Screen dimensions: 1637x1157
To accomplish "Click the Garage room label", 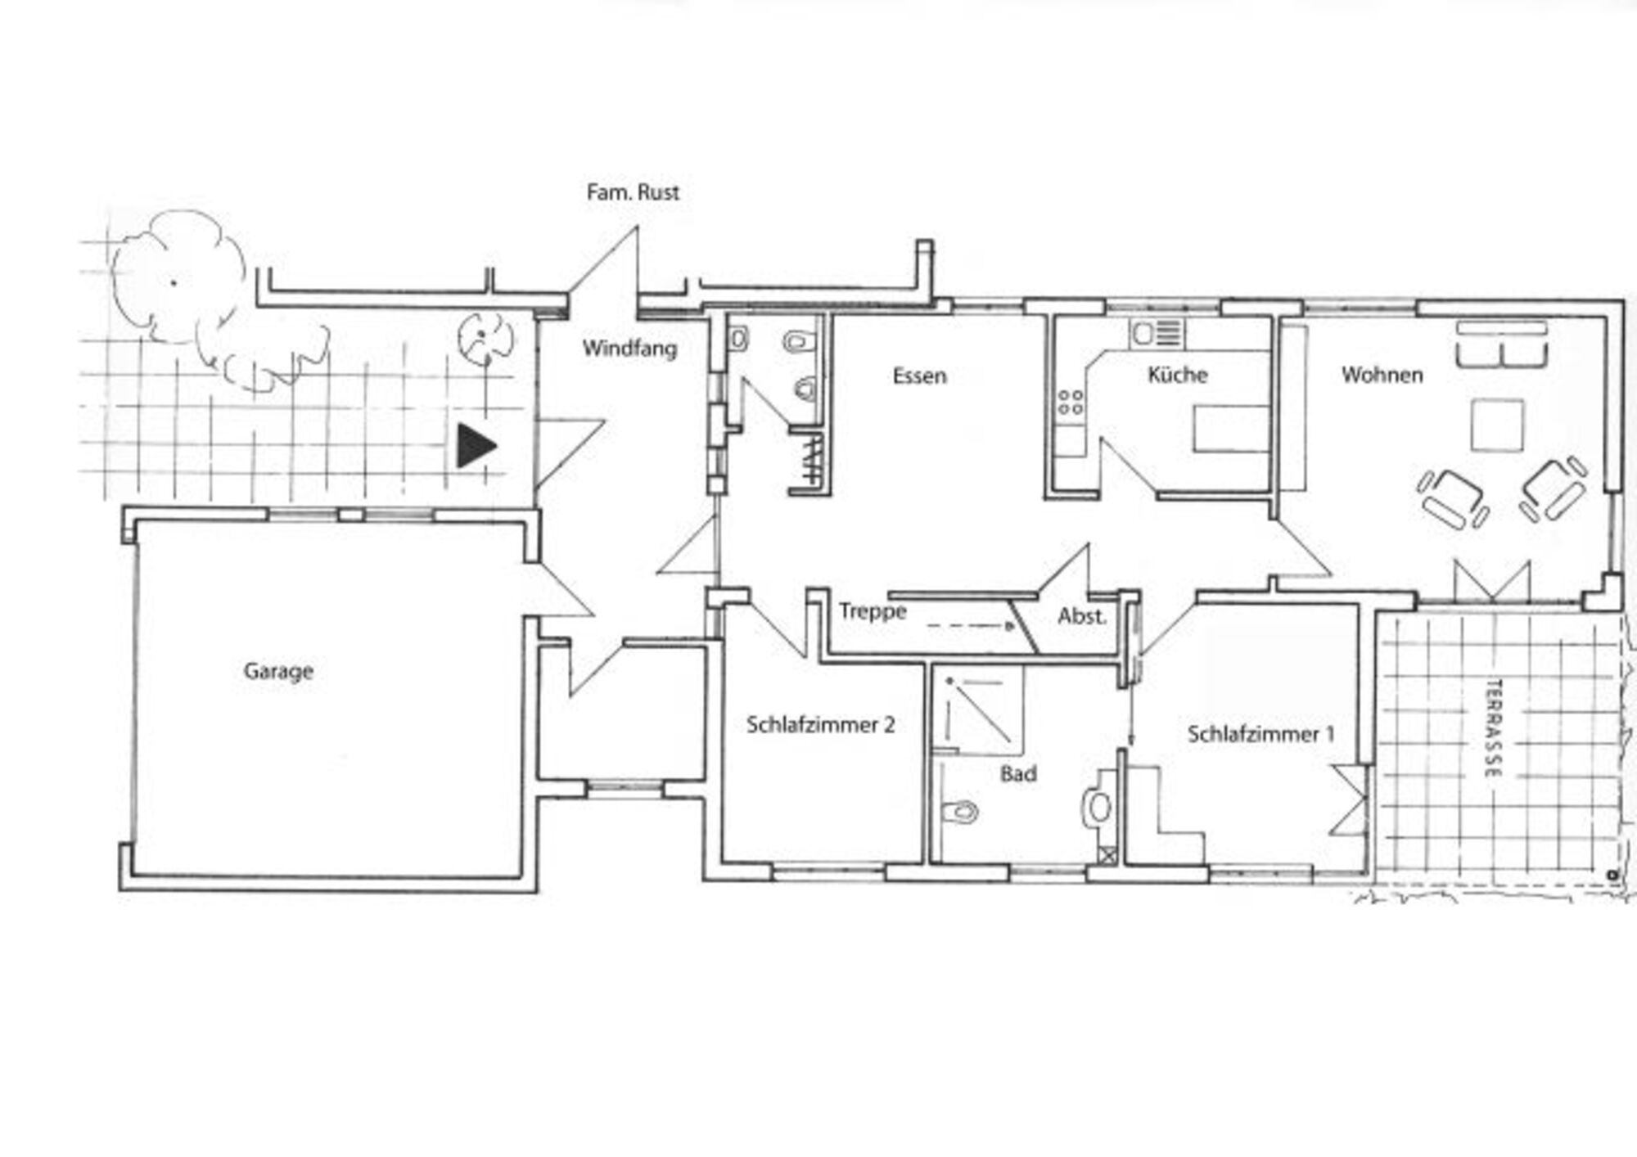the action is click(x=278, y=672).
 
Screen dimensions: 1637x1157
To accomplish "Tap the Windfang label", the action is click(x=629, y=349).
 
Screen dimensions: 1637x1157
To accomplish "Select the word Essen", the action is click(x=919, y=376).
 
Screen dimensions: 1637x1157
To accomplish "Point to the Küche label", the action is click(x=1177, y=374).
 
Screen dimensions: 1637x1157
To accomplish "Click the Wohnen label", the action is click(x=1382, y=375).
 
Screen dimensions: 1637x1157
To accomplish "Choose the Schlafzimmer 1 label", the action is click(x=1260, y=734).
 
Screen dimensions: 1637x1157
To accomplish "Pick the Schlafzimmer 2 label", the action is click(x=820, y=724).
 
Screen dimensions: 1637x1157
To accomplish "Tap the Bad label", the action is click(x=1018, y=773).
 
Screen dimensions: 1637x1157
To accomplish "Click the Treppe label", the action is click(x=873, y=612).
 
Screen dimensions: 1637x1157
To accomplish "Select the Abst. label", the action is click(x=1081, y=616).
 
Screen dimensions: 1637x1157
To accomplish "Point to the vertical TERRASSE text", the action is click(x=1493, y=728).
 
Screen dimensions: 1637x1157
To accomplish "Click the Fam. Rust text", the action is click(x=633, y=192).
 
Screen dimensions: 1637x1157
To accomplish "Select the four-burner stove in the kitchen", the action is click(x=1070, y=403).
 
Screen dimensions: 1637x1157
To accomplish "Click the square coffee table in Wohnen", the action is click(x=1497, y=425).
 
